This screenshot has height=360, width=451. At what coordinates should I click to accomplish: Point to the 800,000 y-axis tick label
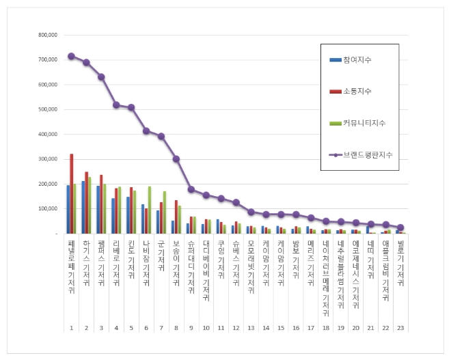pos(47,35)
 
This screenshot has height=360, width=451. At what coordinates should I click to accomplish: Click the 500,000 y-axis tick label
pos(47,109)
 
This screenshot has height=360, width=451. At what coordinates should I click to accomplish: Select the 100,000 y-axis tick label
pos(47,208)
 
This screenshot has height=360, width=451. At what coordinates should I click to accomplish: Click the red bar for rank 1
pos(72,194)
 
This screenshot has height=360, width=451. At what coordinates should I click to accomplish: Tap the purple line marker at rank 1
pos(71,56)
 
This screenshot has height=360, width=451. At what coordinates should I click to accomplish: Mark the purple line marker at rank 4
pos(116,105)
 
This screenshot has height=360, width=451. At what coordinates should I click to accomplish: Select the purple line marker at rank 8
pos(176,158)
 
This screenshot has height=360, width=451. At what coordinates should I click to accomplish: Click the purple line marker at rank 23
pos(400,227)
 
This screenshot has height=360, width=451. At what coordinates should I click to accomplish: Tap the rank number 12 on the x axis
pos(236,329)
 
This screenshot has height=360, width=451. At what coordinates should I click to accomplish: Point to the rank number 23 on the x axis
pos(400,329)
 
